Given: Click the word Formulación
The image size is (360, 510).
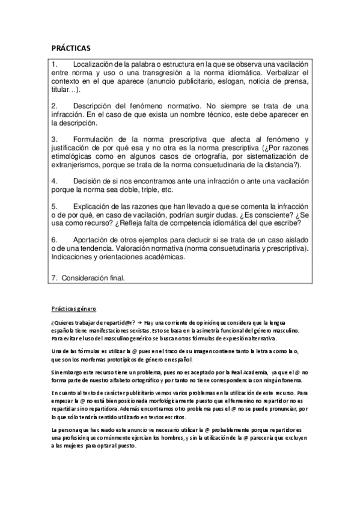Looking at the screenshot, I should pyautogui.click(x=96, y=139).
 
